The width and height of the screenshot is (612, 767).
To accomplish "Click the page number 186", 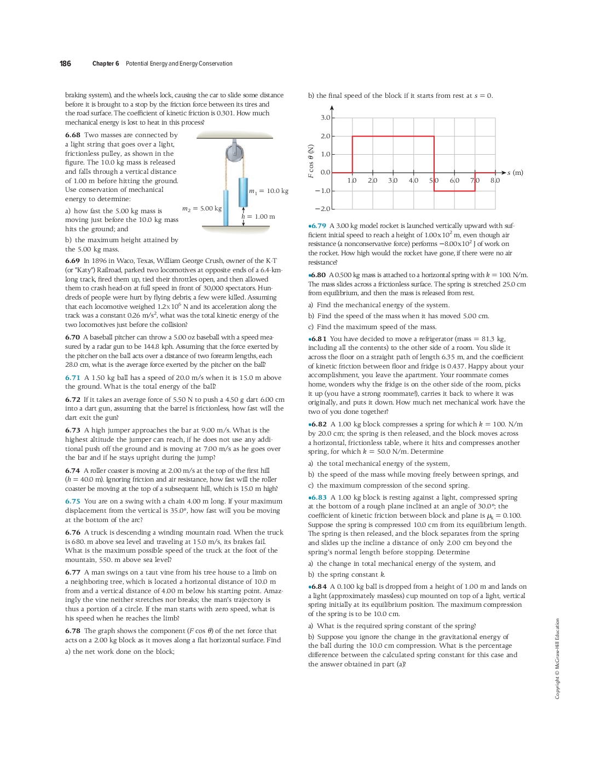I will [x=65, y=63].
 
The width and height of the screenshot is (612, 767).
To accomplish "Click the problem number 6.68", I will [x=72, y=135].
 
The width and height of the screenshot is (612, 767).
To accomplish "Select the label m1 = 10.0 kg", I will [x=269, y=191].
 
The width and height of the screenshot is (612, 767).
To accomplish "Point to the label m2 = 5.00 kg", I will [x=202, y=208].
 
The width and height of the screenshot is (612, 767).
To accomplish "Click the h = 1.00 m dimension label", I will [x=258, y=216].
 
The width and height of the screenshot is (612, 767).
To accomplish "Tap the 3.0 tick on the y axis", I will [x=325, y=118].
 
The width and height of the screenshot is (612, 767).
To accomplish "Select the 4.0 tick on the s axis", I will [x=413, y=180].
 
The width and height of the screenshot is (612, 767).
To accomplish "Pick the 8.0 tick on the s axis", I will [x=495, y=180].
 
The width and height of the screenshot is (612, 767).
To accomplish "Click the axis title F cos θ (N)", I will [x=311, y=161].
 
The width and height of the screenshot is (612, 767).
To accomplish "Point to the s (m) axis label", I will [x=515, y=173].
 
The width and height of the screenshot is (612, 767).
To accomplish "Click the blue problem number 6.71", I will [x=72, y=378].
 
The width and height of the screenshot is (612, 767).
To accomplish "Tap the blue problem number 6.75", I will [x=72, y=501].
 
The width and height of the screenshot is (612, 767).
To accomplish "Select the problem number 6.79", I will [x=318, y=226].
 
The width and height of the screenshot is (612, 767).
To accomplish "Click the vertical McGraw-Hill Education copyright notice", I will [x=557, y=658].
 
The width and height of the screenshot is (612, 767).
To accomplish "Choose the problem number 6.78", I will [x=72, y=631].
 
